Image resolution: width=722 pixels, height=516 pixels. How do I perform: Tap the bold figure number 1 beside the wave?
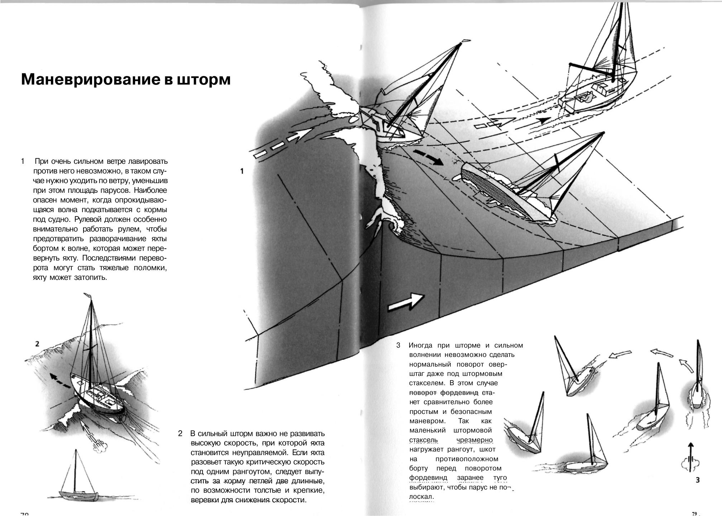point(242,171)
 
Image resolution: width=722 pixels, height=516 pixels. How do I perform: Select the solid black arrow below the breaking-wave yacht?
point(428,157)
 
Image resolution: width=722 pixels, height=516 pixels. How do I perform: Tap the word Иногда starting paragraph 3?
point(421,345)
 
